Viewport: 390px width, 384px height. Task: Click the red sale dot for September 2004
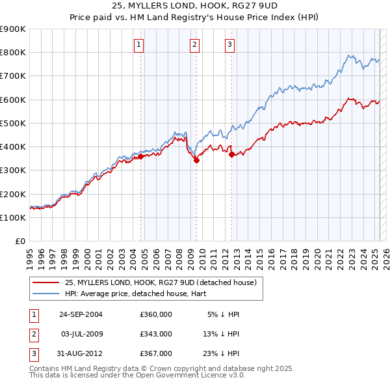point(140,156)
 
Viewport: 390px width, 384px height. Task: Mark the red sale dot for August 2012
point(231,154)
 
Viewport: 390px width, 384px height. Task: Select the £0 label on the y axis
point(19,241)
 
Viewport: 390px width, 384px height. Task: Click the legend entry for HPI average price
point(115,294)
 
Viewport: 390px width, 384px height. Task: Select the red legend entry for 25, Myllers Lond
point(161,282)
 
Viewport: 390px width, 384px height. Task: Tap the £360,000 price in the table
point(156,314)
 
